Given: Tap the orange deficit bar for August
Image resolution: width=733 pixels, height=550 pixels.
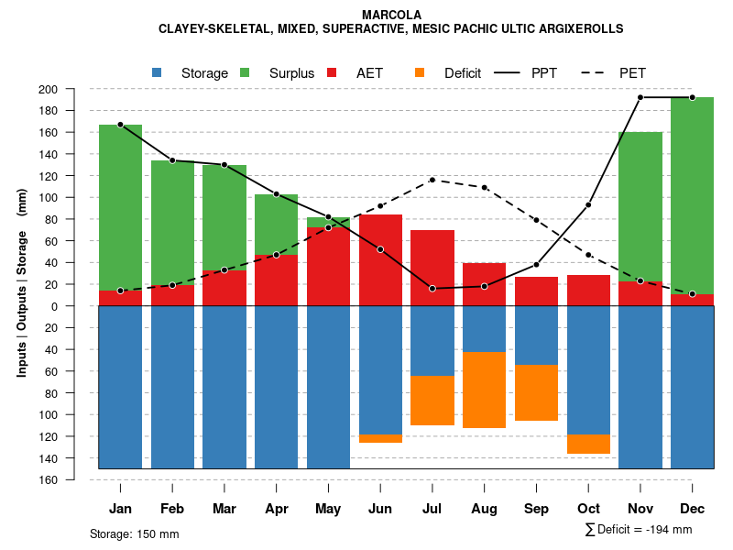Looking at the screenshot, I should (484, 390).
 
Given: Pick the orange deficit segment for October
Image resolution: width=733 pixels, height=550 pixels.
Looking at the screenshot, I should (588, 444).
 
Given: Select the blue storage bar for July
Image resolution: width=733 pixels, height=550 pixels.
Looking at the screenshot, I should (432, 340).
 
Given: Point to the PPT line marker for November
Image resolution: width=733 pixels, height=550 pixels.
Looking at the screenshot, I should (640, 97).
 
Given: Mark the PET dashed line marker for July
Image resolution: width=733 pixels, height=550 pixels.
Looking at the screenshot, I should (432, 180).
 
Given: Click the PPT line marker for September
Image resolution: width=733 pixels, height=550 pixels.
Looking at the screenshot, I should (536, 265).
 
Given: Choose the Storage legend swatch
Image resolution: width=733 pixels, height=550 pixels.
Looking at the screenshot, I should (158, 72).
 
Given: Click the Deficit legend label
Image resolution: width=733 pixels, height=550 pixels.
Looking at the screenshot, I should (463, 73).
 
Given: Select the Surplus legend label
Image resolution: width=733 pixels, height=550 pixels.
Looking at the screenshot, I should (291, 73).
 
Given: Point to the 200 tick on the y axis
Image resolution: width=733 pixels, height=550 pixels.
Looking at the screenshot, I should (72, 89).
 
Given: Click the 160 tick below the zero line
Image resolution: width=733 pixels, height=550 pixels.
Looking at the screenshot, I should (72, 479).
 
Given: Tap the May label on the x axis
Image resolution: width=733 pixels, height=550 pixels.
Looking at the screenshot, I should (328, 509).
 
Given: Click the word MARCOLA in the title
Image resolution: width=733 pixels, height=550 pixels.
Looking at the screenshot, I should (391, 15).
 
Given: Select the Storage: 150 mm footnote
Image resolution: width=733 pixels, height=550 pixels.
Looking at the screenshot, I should (135, 533).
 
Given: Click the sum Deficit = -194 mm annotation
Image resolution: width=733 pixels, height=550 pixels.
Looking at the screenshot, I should (639, 529).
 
